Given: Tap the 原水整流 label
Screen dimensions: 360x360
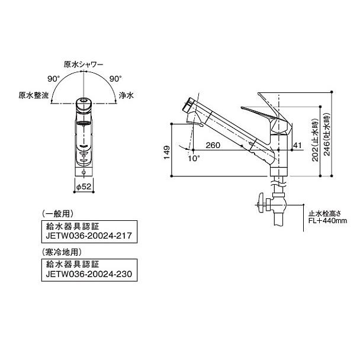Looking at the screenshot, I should tap(33, 95).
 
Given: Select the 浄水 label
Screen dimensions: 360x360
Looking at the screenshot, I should tap(126, 95).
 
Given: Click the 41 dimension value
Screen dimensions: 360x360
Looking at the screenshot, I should tap(298, 146).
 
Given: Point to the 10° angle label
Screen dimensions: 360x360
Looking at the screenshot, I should tap(192, 159).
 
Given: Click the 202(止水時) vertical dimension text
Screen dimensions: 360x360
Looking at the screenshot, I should tap(314, 143).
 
